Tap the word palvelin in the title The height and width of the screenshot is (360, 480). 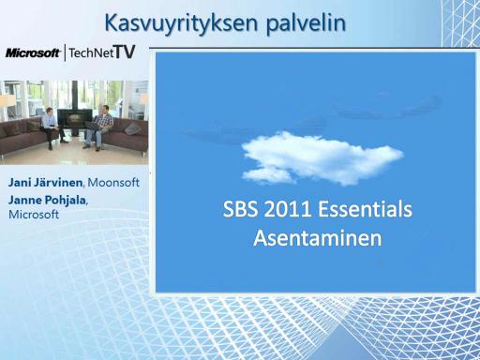coord(306,23)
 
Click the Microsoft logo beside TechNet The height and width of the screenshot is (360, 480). coord(33,52)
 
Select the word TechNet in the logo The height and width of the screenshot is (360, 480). coord(91,52)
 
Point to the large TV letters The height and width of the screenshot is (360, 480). coord(125,52)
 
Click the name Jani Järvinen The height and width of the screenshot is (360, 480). coord(46,182)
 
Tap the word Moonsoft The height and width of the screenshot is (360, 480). coord(113,182)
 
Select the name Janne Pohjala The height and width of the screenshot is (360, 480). coord(47,200)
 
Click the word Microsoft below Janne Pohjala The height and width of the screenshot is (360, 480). coord(34,215)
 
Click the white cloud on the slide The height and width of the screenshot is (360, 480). coord(322,158)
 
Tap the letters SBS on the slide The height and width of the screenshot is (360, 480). coord(241,209)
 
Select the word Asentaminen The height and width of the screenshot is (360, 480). coord(318,238)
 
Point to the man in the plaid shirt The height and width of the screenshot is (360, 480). coord(99,127)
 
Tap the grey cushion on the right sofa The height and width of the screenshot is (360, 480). coord(133,128)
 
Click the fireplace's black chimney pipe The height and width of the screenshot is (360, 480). coord(74,95)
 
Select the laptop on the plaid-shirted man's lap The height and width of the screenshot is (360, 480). coord(93,126)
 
